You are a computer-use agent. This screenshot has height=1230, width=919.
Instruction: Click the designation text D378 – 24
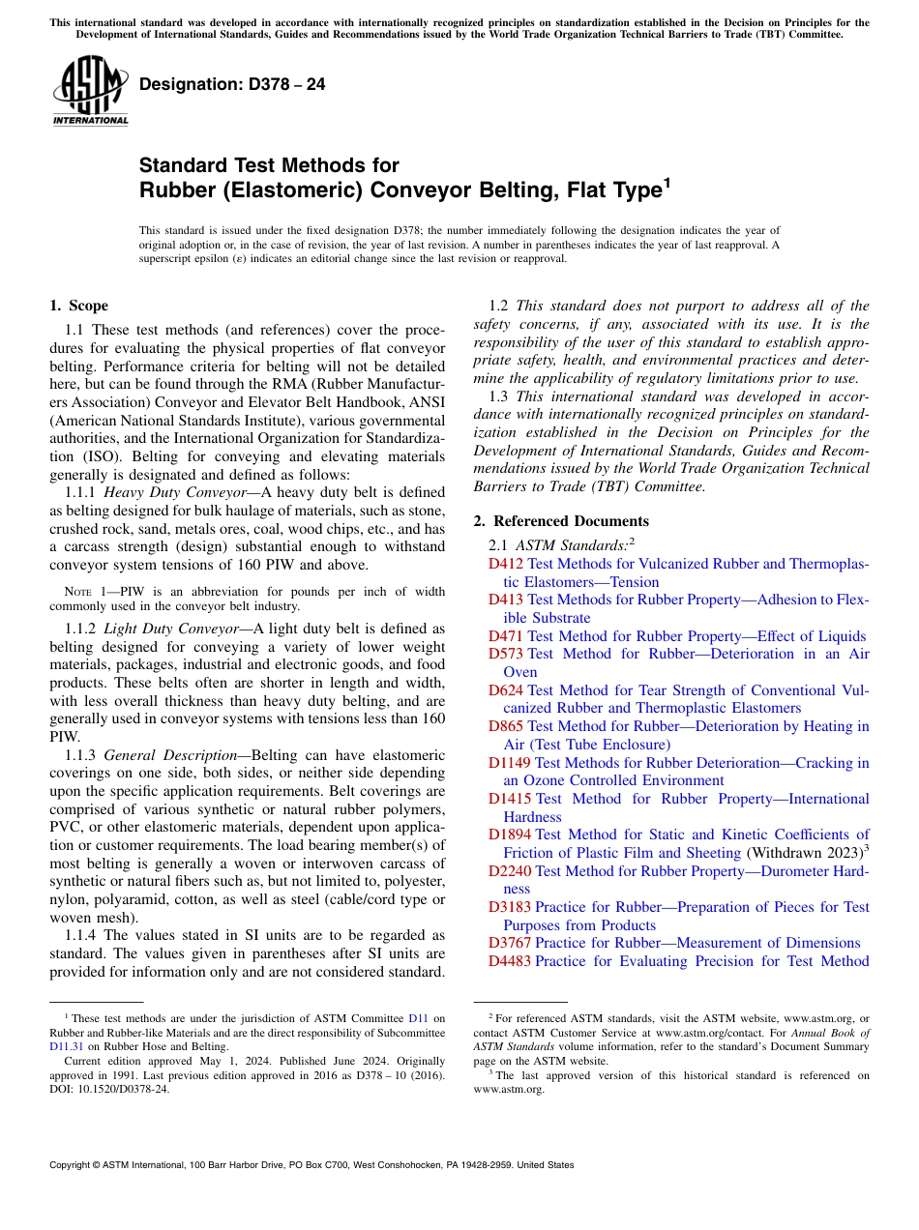pyautogui.click(x=232, y=84)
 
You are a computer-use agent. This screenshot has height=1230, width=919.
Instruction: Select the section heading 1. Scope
pyautogui.click(x=78, y=306)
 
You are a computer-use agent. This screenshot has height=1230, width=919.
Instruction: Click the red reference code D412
pyautogui.click(x=506, y=564)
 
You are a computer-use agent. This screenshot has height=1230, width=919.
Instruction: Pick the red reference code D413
pyautogui.click(x=506, y=600)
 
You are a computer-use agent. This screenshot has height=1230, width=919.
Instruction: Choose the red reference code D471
pyautogui.click(x=506, y=636)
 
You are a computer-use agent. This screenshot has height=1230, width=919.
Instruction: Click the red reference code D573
pyautogui.click(x=506, y=654)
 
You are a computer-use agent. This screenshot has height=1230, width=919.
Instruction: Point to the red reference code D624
pyautogui.click(x=506, y=690)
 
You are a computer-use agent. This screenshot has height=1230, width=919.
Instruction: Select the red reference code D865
pyautogui.click(x=506, y=726)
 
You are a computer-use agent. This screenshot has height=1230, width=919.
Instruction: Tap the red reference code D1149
pyautogui.click(x=510, y=763)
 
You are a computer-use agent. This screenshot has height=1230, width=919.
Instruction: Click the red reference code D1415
pyautogui.click(x=510, y=799)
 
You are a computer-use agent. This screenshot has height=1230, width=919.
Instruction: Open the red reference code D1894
pyautogui.click(x=510, y=835)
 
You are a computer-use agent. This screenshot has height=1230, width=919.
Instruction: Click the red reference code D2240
pyautogui.click(x=510, y=871)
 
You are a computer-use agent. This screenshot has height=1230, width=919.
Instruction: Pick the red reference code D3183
pyautogui.click(x=510, y=907)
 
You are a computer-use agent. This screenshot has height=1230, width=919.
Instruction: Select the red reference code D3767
pyautogui.click(x=510, y=943)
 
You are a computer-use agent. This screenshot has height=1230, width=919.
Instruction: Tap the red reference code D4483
pyautogui.click(x=510, y=961)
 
